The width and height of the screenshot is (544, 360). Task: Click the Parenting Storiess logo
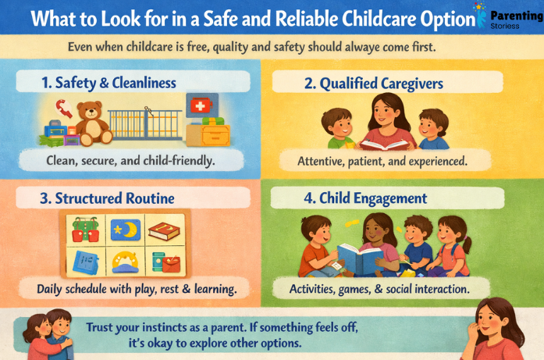coord(507,17)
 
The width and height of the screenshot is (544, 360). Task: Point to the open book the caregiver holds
coord(384,142)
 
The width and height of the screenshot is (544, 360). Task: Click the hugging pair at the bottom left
coord(47,334)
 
